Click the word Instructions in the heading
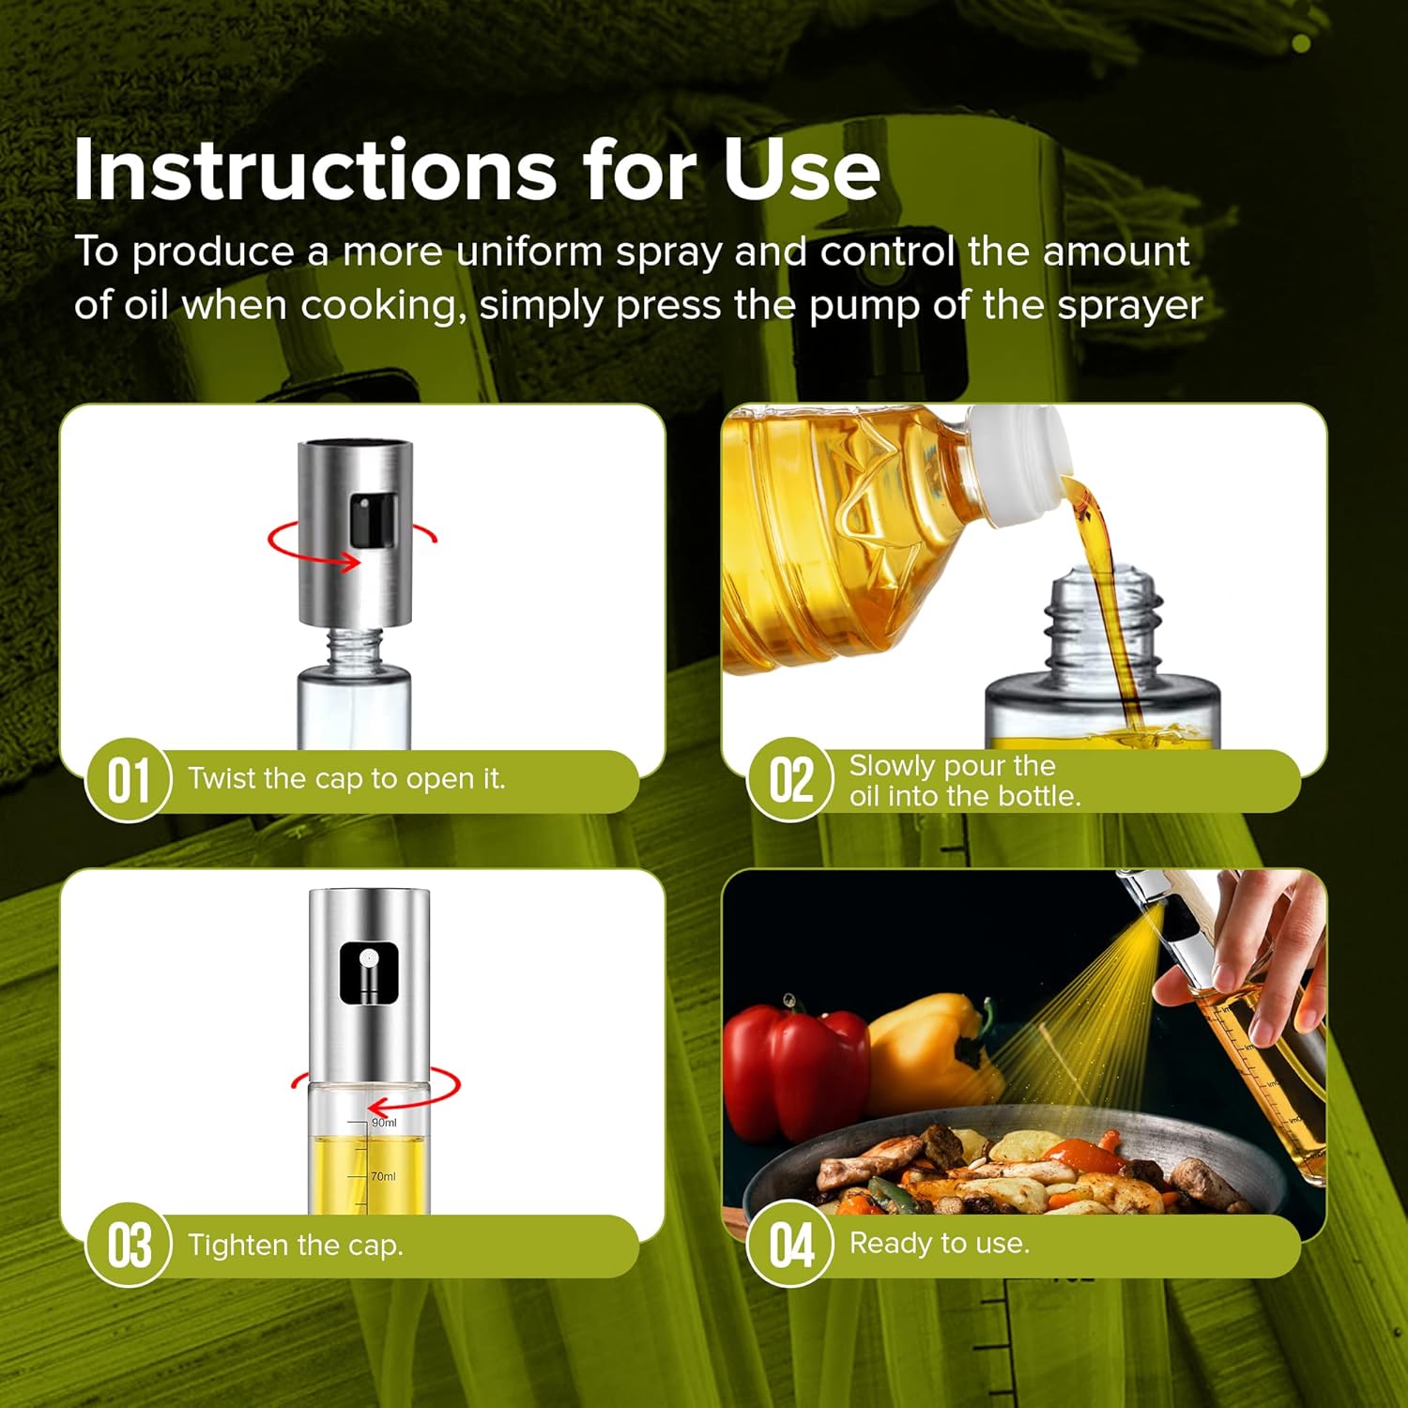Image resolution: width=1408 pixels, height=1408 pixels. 315,170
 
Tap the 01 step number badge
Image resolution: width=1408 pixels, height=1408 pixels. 128,780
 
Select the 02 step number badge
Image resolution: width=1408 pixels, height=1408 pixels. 790,780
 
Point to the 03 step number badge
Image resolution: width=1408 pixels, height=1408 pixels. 128,1245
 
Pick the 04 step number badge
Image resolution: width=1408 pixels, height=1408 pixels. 790,1245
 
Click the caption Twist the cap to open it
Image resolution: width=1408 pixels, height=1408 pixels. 346,779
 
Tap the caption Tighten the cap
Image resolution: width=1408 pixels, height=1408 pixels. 296,1245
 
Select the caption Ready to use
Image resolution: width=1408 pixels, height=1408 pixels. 940,1244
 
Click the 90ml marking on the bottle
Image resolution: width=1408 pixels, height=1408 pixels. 384,1123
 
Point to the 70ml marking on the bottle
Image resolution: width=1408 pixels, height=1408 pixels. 383,1176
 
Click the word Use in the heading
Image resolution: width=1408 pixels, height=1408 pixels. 802,170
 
